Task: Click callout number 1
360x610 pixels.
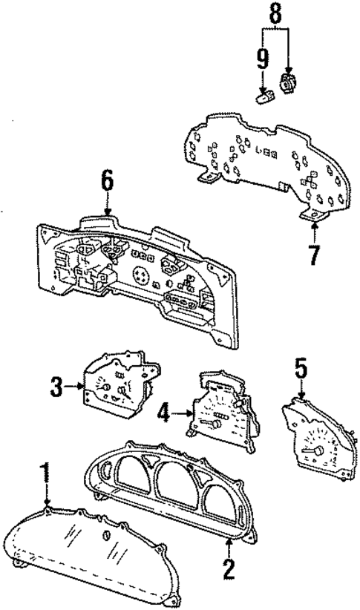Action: click(46, 473)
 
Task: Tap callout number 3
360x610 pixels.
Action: click(56, 387)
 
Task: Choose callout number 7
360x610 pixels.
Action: click(313, 255)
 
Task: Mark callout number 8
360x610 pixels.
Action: click(275, 12)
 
